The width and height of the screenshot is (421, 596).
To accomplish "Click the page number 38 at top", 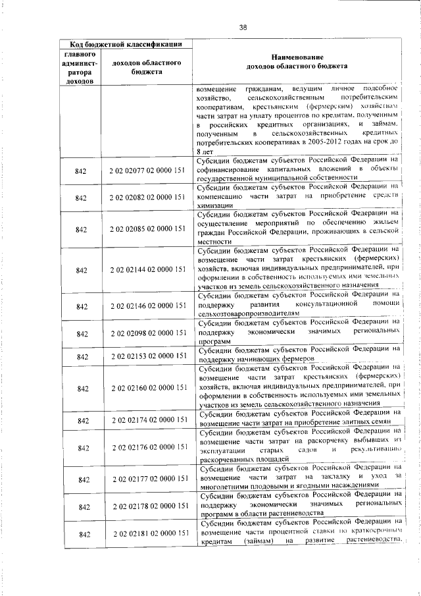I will point(243,27).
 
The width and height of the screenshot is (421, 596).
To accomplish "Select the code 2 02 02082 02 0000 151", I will point(147,198).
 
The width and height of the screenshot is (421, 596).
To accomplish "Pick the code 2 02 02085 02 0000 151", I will point(147,229).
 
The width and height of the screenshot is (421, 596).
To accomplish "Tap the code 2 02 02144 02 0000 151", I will point(147,270).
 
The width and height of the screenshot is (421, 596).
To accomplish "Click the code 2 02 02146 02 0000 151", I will point(147,306).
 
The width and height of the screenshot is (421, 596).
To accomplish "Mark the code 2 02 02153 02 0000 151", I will point(147,356).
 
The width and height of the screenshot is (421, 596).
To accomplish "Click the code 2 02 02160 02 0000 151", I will point(147,389).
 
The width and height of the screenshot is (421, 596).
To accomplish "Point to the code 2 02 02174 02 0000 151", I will point(147,420).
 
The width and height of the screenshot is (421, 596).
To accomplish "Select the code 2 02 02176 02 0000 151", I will point(147,448).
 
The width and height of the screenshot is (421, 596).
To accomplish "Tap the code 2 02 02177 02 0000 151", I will point(147,479).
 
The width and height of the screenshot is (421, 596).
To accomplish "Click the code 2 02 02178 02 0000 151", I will point(147,506).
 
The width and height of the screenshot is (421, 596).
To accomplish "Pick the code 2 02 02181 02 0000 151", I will point(147,534).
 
